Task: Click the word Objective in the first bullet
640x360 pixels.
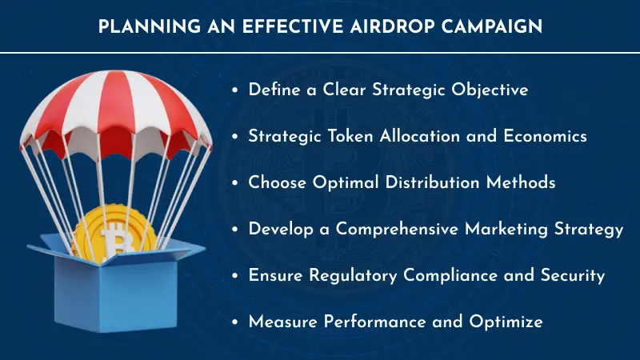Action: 489,90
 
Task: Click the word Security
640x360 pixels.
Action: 570,275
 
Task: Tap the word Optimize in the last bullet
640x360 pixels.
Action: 505,322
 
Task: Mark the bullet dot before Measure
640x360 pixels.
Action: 234,322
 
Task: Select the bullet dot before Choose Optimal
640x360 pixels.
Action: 234,183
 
